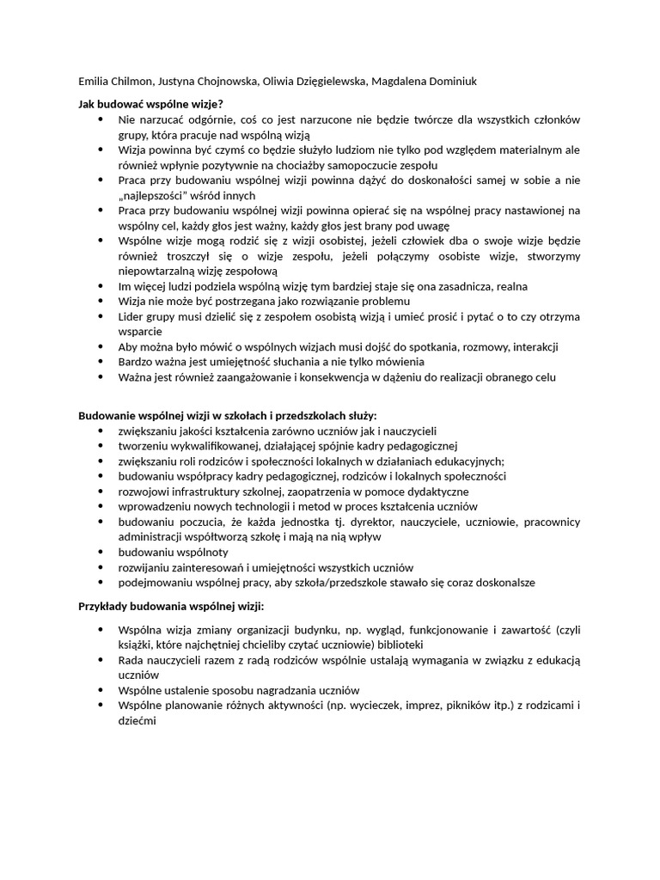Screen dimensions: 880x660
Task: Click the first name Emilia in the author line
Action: [x=95, y=82]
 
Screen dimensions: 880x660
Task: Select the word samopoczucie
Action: [x=365, y=165]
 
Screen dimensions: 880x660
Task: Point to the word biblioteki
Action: [x=395, y=645]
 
